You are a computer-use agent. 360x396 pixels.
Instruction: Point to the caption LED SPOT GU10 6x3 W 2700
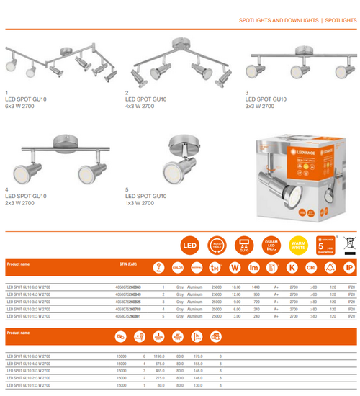pos(25,102)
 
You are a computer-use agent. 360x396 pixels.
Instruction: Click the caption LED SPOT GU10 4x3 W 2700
pos(145,102)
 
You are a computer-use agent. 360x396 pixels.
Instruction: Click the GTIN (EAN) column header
pos(127,264)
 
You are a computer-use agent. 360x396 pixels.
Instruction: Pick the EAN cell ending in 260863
pos(128,287)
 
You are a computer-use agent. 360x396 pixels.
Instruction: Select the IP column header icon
pos(349,268)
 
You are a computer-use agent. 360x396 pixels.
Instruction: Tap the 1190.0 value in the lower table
pos(159,356)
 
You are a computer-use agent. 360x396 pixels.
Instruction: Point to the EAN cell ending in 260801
pos(128,316)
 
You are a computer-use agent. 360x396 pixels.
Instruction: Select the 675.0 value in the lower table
pos(160,364)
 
